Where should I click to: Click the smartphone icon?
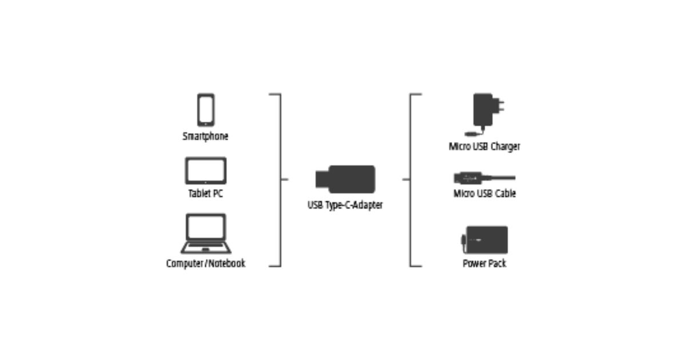coord(206,110)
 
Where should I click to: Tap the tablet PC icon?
coord(206,171)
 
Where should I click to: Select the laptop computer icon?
coord(206,234)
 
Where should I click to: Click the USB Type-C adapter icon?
coord(345,179)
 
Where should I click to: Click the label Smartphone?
coord(206,137)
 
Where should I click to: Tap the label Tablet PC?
coord(206,194)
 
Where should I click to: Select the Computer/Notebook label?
coord(206,263)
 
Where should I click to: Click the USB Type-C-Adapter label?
coord(345,205)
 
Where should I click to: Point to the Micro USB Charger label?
coord(484,147)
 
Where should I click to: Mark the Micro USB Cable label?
coord(484,194)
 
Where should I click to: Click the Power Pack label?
coord(484,263)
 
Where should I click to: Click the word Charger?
coord(505,147)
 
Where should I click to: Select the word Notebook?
coord(226,263)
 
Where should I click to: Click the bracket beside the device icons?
coord(280,179)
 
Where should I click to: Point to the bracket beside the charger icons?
coord(411,179)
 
